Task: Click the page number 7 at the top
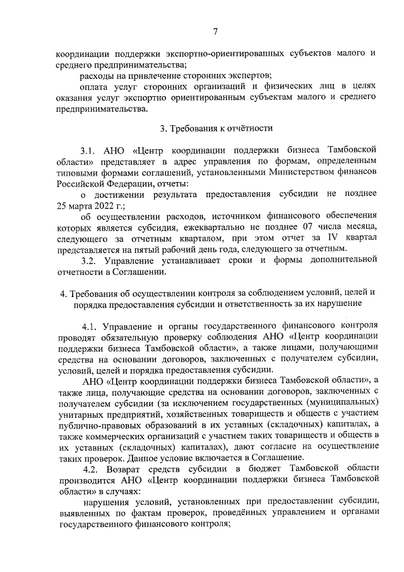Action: coord(215,32)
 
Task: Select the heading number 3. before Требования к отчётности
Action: coord(163,128)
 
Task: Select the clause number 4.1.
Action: coord(91,327)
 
